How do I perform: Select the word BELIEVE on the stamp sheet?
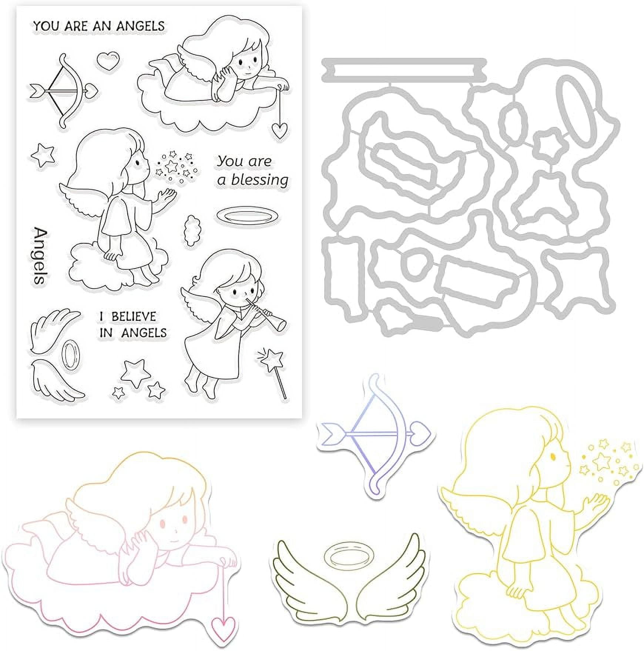[134, 317]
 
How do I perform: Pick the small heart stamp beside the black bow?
[108, 60]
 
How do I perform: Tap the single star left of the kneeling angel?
[43, 155]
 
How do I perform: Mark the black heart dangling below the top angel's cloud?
[279, 129]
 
